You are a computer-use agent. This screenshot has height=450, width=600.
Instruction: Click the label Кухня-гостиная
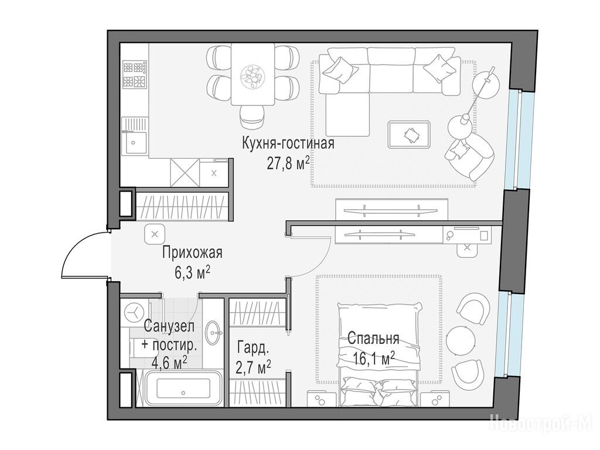(288, 144)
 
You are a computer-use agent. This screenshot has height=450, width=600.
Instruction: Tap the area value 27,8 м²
(288, 163)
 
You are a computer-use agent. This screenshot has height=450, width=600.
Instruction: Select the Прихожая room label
(192, 253)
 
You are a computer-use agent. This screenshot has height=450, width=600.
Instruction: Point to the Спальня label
(373, 338)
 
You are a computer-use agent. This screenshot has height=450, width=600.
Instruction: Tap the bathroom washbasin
(213, 333)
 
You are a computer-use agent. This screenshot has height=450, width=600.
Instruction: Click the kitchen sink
(134, 142)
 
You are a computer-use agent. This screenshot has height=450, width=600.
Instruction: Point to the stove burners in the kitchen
(135, 74)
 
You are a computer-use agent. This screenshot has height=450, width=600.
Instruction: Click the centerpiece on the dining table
(253, 74)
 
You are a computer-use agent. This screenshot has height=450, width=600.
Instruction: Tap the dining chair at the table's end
(253, 117)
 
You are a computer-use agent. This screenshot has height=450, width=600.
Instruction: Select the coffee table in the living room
(408, 134)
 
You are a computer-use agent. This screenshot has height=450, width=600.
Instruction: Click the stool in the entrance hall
(155, 234)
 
